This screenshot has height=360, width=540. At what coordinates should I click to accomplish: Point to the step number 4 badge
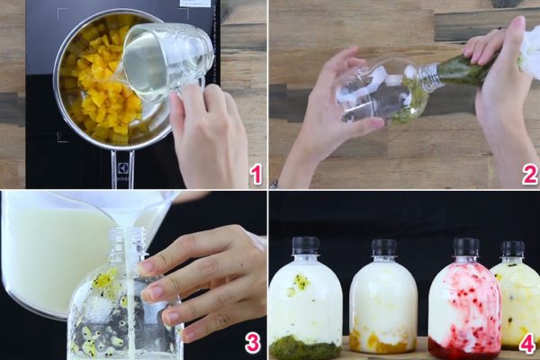pyautogui.click(x=526, y=343)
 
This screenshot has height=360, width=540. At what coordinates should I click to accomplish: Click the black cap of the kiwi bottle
pyautogui.click(x=306, y=246)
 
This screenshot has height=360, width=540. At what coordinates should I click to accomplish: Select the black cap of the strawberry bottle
pyautogui.click(x=465, y=247)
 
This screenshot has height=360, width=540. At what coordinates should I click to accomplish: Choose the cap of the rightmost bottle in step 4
pyautogui.click(x=512, y=248)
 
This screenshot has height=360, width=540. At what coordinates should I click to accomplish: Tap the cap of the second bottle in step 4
pyautogui.click(x=384, y=247)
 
